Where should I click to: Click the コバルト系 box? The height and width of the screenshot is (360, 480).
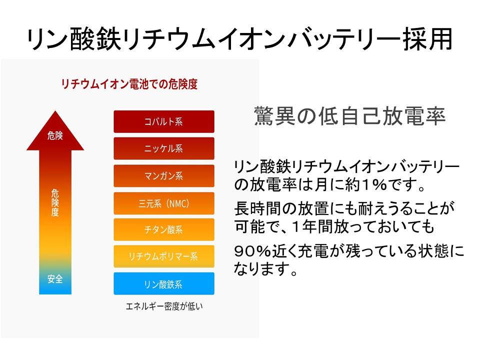click(164, 121)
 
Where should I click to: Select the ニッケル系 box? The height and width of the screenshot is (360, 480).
click(164, 148)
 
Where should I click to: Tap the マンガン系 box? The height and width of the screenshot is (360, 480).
click(164, 175)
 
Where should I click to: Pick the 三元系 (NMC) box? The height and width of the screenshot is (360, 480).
click(164, 203)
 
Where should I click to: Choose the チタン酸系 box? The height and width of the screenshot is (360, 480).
click(164, 229)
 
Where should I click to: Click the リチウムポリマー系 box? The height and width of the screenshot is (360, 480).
click(164, 256)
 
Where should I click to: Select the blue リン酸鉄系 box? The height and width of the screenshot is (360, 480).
click(164, 284)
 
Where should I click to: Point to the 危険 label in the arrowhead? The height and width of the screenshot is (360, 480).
click(55, 135)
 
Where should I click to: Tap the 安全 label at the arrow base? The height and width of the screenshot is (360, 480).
click(55, 279)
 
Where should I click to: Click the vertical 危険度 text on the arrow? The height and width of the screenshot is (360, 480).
click(55, 202)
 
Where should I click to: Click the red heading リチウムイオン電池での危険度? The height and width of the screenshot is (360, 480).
click(129, 84)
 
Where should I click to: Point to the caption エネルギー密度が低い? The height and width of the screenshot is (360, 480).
click(164, 306)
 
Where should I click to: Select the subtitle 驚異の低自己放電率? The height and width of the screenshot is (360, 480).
click(349, 116)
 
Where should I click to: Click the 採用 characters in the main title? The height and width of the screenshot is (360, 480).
click(427, 39)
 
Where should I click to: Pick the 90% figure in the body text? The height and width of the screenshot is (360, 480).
click(252, 251)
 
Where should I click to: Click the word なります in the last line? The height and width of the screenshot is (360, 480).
click(261, 269)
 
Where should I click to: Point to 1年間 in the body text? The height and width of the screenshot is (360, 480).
click(312, 227)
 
